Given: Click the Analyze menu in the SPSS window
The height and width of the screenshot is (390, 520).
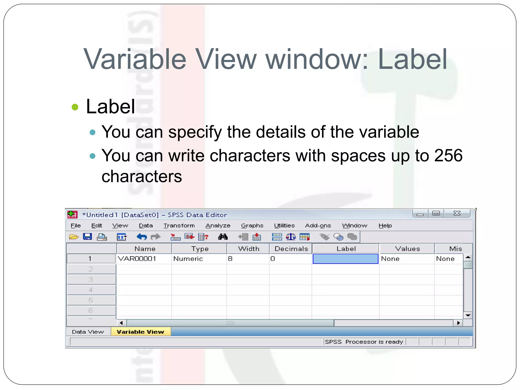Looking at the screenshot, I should pos(218,225).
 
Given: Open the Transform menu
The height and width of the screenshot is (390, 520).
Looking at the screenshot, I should pos(179,225).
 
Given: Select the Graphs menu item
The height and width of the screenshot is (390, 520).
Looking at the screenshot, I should pos(252,225).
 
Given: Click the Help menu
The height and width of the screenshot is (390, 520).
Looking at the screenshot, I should pos(385,225).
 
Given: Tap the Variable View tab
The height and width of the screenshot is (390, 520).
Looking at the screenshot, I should pos(140,332).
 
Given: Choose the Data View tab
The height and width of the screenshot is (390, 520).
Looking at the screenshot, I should pos(88,332).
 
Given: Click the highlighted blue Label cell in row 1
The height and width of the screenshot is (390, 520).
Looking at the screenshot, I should pos(345,259).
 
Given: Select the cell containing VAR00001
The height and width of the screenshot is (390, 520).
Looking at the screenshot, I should pos(137,259).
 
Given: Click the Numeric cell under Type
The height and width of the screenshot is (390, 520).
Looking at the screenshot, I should pos(188,259).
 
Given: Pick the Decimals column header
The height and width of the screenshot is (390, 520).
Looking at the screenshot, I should pos(291,249).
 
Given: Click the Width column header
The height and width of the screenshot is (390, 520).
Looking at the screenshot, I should pos(249,249).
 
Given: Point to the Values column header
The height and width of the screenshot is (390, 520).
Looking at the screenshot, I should pos(407,249).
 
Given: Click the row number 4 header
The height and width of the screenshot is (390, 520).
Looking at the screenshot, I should pos(91,290).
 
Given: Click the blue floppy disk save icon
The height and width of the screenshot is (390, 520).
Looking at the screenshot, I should pos(87,237).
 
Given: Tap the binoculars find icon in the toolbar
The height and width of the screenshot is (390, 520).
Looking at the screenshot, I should pos(223,237).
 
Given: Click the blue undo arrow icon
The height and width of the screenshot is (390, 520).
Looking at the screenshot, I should pos(142,237).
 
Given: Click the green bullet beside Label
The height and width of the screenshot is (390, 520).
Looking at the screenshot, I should pos(75,107).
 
